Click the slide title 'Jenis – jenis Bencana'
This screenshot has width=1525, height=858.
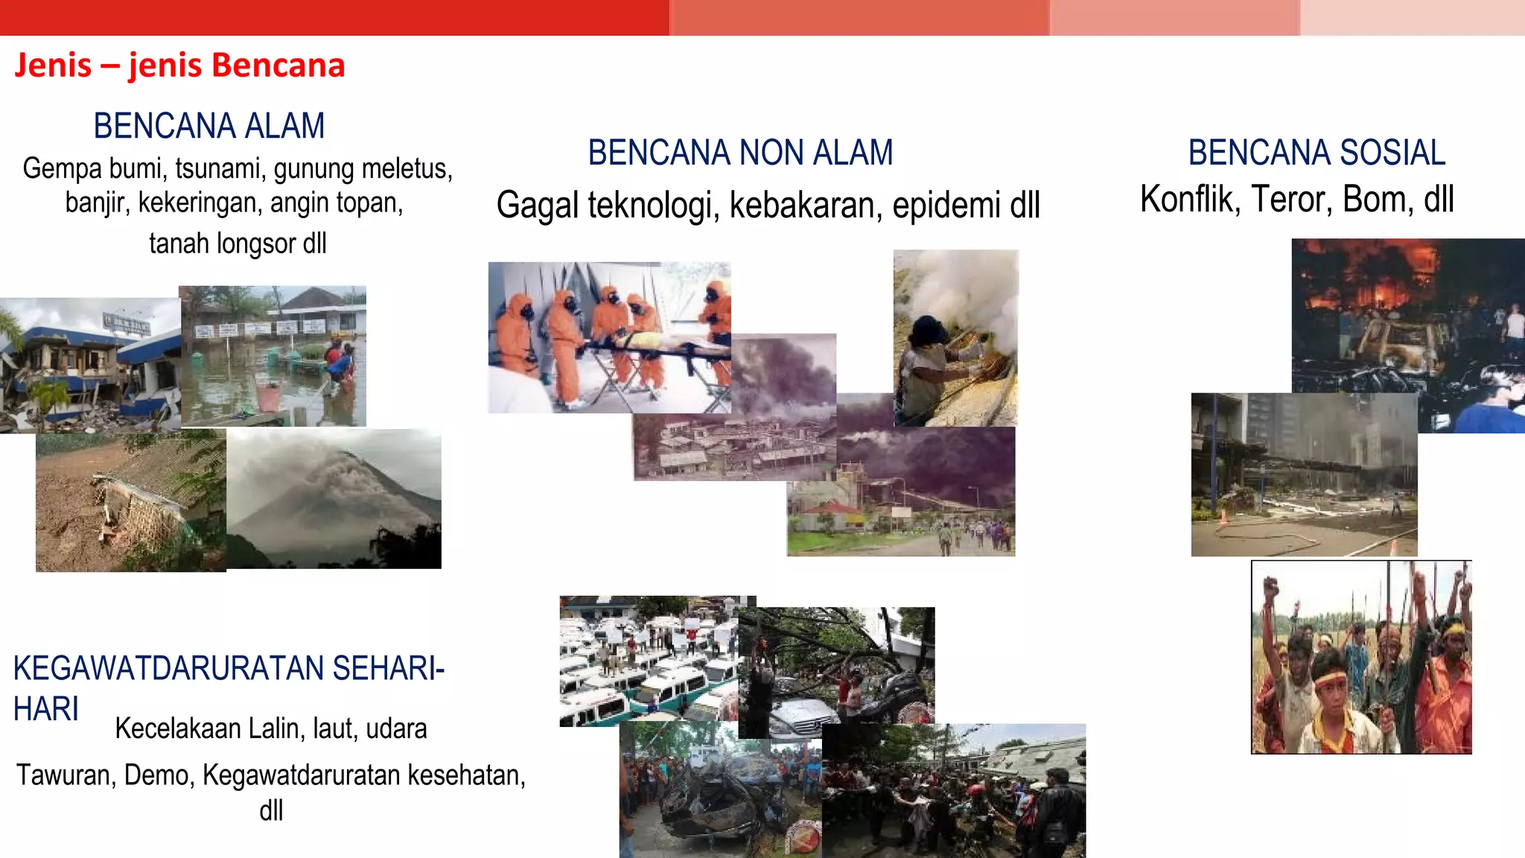point(179,66)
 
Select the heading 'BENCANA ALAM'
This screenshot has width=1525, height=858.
point(209,126)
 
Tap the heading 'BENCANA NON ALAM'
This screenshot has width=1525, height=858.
point(740,153)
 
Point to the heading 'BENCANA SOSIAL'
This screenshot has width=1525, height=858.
point(1317,153)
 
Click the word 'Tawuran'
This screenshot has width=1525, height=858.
point(64,775)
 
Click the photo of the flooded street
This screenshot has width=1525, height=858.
point(273,356)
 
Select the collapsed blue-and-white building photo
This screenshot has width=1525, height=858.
point(89,365)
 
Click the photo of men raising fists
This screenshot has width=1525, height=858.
point(1361,657)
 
